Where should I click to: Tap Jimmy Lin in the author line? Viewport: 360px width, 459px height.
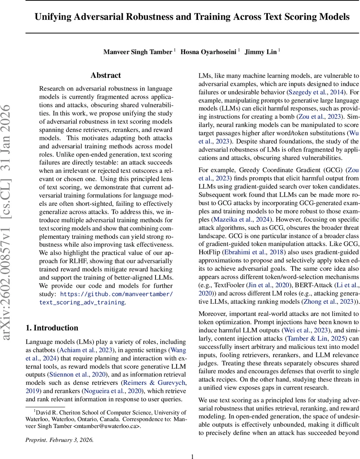coord(260,52)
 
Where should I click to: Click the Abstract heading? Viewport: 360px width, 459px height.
coord(106,75)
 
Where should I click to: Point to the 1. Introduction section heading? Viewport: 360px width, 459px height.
coord(52,328)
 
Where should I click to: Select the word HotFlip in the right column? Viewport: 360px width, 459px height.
coord(209,252)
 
